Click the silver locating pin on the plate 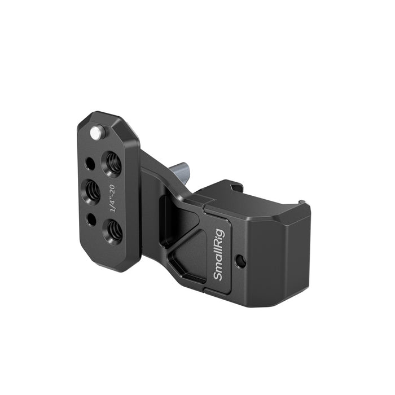(97, 133)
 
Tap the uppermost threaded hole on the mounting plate (111, 162)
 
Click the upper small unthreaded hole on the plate (90, 164)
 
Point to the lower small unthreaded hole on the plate (91, 219)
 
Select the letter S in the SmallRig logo (220, 276)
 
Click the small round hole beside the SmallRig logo (242, 261)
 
